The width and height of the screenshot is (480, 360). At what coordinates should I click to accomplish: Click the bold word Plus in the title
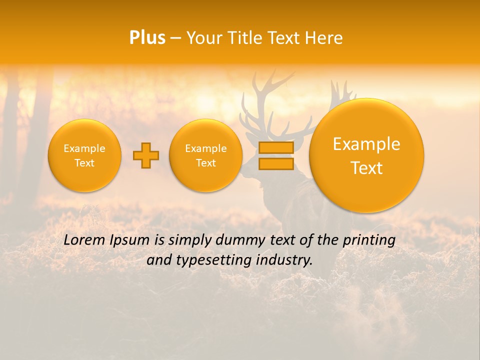(147, 37)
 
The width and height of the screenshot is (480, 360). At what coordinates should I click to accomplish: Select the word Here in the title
(325, 37)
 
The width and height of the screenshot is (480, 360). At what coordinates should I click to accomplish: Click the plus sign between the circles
(146, 155)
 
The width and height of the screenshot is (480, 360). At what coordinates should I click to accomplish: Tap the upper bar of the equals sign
(276, 147)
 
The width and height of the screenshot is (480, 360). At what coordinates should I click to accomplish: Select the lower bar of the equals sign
(276, 164)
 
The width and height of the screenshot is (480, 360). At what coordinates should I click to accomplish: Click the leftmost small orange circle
(84, 155)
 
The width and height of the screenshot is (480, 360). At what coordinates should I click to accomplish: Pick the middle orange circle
(206, 155)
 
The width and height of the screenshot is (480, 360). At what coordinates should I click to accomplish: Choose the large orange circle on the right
(366, 155)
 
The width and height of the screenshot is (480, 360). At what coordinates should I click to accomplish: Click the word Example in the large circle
(366, 144)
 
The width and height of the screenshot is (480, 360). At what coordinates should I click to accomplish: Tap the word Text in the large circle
(366, 168)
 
